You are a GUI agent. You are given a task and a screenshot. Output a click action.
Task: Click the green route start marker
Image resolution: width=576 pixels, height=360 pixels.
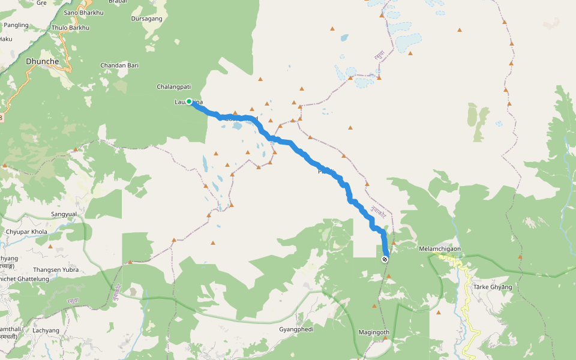(189, 101)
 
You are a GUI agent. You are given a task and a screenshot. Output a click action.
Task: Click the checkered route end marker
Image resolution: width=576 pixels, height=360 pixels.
(385, 259)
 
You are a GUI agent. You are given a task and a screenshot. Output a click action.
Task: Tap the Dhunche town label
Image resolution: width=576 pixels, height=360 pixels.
(42, 61)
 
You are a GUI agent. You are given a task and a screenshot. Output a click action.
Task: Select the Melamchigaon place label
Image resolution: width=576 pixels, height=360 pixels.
(440, 248)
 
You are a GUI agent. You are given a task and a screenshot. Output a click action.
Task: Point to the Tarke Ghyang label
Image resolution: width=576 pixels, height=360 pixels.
(493, 287)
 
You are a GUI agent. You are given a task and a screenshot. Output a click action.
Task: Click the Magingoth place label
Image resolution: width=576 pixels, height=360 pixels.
(374, 332)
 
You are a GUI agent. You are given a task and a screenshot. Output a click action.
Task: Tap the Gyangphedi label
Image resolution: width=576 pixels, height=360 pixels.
(296, 329)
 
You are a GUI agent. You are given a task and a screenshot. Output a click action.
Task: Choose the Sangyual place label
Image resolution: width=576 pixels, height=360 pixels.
(64, 214)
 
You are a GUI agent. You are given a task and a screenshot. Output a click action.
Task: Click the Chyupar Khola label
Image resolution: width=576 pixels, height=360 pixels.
(26, 232)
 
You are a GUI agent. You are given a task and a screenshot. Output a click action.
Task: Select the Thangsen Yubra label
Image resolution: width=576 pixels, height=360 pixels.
(55, 270)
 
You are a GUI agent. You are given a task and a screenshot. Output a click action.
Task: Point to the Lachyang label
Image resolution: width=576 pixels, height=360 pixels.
(46, 331)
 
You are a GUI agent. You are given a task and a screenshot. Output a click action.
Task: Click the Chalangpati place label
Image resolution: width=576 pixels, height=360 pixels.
(173, 86)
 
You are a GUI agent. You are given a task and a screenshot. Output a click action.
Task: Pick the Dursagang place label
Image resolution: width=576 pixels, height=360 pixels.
(146, 19)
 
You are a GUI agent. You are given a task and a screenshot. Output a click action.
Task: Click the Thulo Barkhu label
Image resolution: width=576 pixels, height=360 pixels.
(70, 28)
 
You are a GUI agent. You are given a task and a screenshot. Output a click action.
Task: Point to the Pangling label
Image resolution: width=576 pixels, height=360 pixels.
(16, 25)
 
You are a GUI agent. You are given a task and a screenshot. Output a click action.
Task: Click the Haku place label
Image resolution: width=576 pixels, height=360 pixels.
(5, 39)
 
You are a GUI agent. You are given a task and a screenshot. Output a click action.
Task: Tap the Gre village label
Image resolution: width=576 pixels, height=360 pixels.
(41, 2)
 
